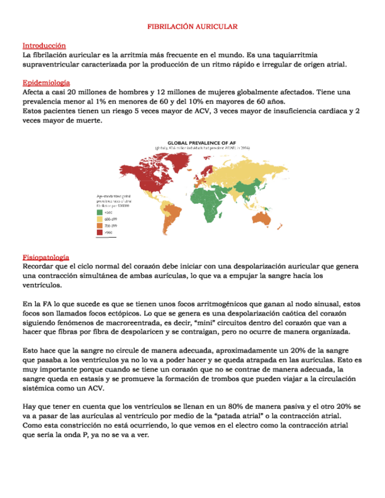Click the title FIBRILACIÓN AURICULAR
click(192, 27)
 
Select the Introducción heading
click(43, 45)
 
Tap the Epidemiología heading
click(46, 83)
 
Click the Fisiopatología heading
click(45, 257)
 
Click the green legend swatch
click(99, 212)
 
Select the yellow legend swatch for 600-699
click(99, 219)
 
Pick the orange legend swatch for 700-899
click(99, 226)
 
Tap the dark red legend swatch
click(99, 233)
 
